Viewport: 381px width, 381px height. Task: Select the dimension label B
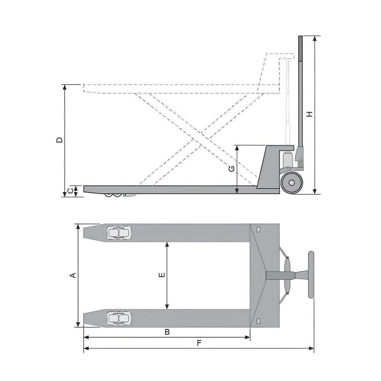click(166, 332)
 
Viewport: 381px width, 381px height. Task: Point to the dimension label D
click(59, 140)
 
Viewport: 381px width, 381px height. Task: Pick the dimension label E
click(162, 275)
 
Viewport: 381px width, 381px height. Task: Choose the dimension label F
click(199, 343)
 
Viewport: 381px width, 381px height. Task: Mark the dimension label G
click(231, 169)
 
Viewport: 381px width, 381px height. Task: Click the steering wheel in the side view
click(292, 183)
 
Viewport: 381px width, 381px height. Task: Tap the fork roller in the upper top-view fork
click(119, 233)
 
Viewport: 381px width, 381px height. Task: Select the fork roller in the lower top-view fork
click(119, 318)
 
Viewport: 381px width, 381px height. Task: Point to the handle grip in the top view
click(311, 274)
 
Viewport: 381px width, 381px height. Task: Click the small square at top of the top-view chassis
click(259, 230)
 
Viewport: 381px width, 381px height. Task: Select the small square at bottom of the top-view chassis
click(259, 320)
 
